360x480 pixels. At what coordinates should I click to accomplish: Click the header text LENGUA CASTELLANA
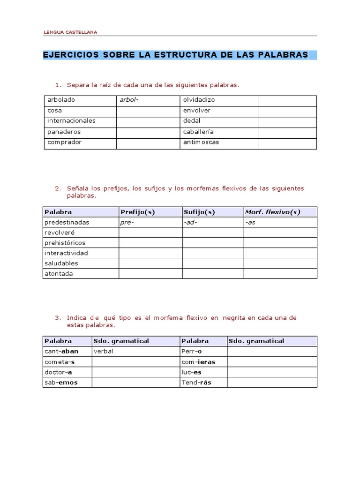70,32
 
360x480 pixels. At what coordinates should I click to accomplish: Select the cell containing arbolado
61,100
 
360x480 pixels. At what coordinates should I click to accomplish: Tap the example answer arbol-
129,100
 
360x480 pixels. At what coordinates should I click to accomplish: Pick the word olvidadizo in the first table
199,100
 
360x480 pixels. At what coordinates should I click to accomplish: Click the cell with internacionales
71,121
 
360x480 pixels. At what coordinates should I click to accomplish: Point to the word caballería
199,132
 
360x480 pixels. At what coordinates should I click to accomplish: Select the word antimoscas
201,142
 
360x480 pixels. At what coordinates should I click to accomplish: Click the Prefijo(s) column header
138,212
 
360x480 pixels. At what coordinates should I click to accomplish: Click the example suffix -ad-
191,222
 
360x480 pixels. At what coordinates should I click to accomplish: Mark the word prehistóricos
65,243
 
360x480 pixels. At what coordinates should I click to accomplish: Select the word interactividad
67,253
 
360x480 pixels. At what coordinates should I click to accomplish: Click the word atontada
59,274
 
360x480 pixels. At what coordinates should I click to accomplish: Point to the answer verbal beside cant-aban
104,351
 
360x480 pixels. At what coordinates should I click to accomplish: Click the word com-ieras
198,362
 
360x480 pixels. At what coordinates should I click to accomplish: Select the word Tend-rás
196,382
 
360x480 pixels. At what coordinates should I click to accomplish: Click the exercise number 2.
58,188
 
